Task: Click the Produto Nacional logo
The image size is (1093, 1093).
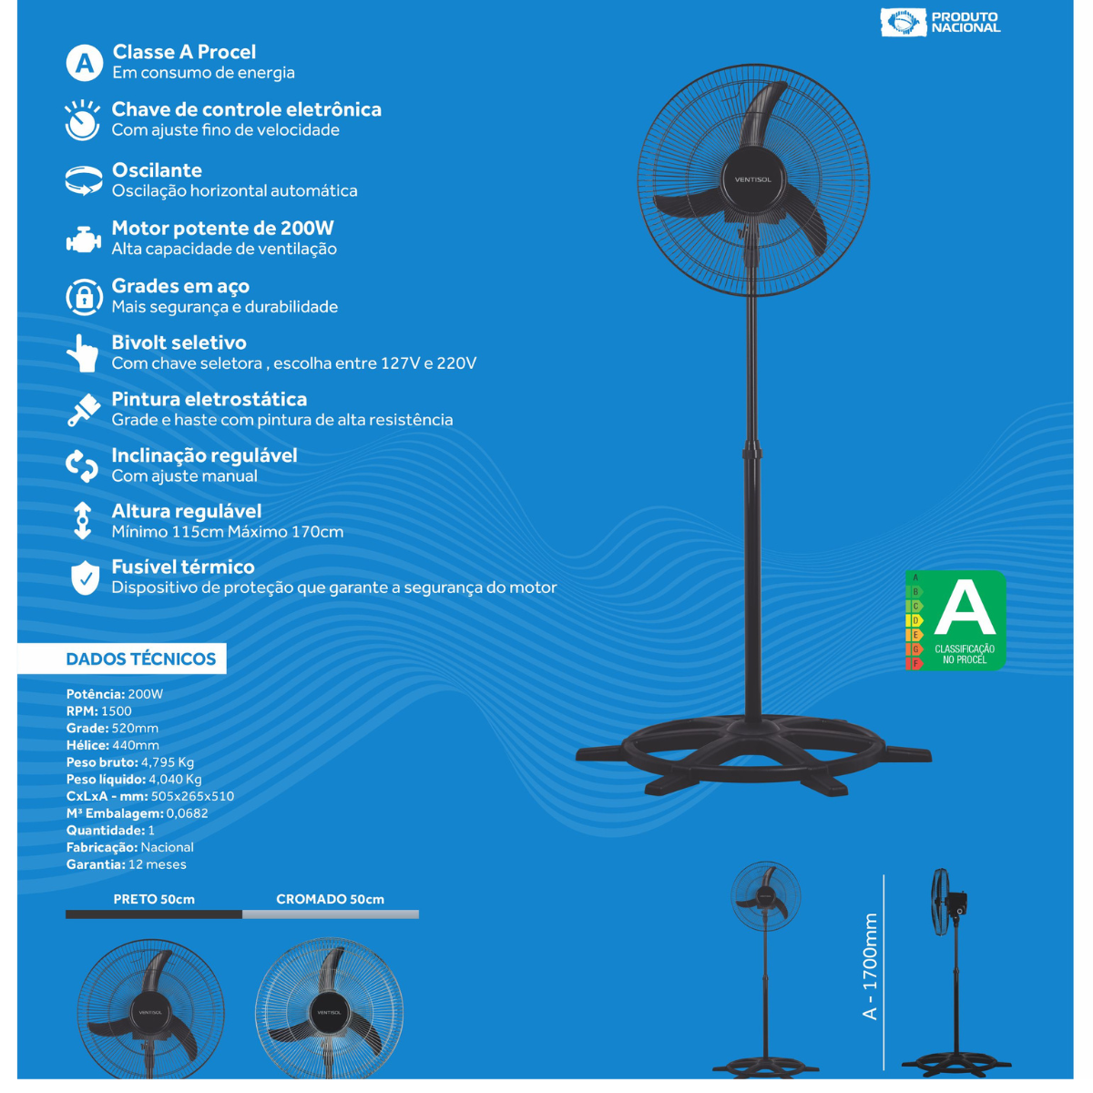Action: pos(940,22)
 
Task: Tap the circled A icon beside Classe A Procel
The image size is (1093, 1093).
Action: pos(84,63)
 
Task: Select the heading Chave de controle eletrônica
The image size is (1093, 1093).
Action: pos(246,109)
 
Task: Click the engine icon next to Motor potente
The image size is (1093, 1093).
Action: pos(84,240)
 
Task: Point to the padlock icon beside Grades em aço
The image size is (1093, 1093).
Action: pos(84,297)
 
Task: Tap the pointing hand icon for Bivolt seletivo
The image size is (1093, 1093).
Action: pos(83,352)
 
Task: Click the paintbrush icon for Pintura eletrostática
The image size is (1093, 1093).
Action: pos(84,410)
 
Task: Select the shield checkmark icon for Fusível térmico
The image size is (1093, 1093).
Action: pos(85,578)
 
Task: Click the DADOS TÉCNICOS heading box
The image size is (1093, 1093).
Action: pos(122,659)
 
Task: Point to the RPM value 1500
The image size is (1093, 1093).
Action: pos(117,710)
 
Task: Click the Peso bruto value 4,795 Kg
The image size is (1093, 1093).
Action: pos(168,761)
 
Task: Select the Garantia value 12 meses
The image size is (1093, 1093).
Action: pos(157,863)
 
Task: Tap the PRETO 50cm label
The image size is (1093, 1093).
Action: pos(154,899)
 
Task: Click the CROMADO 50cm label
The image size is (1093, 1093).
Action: pos(330,899)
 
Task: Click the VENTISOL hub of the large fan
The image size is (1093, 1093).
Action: pos(753,179)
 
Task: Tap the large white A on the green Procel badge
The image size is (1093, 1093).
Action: pos(965,609)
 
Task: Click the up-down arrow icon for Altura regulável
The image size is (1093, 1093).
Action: pos(83,520)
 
